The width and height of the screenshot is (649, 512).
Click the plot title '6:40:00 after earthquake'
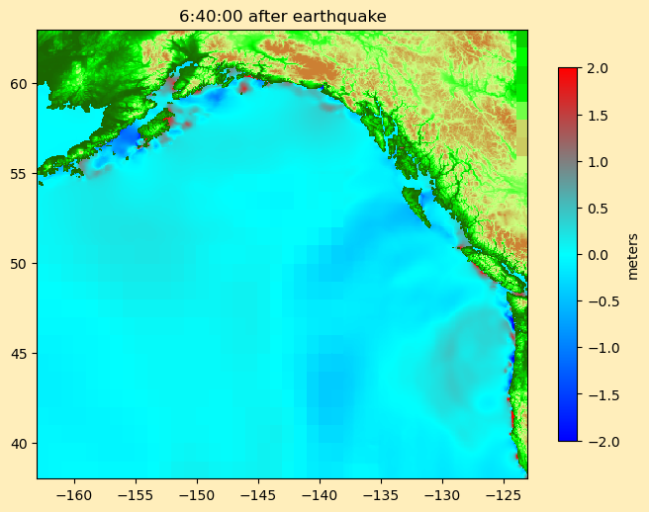point(282,16)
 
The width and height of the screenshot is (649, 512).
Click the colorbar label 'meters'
point(632,255)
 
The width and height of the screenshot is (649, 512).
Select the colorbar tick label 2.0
point(598,68)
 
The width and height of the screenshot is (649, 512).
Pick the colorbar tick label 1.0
point(598,161)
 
